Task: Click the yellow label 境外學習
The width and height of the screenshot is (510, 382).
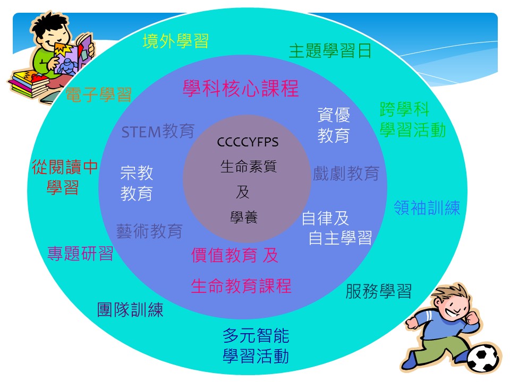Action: (x=176, y=41)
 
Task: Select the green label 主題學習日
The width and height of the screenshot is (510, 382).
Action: (x=330, y=51)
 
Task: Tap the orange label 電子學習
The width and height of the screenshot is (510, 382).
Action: (x=99, y=94)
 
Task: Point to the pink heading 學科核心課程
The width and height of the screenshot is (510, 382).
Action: (x=241, y=89)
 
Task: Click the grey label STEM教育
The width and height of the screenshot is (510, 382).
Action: (x=158, y=131)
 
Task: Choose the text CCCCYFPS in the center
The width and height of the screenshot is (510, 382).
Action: (x=248, y=142)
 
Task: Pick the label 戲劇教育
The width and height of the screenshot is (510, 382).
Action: (x=346, y=173)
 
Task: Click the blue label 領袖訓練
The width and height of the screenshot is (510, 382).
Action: (x=427, y=208)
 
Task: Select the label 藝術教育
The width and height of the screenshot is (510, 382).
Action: (x=149, y=231)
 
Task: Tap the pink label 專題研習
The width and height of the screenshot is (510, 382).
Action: (x=80, y=254)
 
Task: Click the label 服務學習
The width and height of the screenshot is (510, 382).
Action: (x=379, y=291)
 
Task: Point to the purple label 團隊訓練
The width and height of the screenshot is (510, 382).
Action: (x=130, y=309)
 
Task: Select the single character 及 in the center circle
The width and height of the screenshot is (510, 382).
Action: (x=243, y=192)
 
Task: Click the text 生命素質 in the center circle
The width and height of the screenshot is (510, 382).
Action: (x=249, y=167)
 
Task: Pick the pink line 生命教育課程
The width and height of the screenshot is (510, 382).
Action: (x=241, y=286)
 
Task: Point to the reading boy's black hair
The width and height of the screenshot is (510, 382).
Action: (x=49, y=24)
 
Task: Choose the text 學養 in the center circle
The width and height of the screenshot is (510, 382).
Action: (x=244, y=218)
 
